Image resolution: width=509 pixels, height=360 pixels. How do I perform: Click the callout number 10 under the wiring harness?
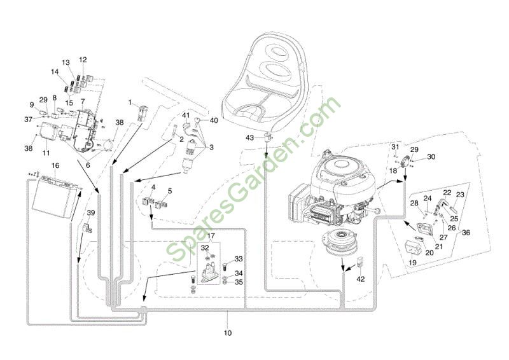coord(228,333)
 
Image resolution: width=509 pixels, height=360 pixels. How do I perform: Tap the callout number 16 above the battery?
coord(55,165)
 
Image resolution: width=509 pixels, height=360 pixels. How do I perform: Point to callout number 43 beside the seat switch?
coord(249,138)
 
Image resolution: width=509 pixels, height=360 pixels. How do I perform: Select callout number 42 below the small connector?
coord(361,279)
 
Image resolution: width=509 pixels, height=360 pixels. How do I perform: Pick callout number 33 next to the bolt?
coord(239,259)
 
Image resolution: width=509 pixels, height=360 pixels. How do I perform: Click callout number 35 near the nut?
coord(239,282)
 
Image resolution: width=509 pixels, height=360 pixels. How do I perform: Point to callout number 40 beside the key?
coord(214,120)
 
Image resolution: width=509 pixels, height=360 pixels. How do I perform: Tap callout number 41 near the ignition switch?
coord(186,115)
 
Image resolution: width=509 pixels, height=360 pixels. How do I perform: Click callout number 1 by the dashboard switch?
coord(130,102)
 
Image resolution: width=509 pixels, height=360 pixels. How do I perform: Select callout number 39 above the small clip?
coord(91,212)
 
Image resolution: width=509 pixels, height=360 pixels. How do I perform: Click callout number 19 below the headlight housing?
coord(412,262)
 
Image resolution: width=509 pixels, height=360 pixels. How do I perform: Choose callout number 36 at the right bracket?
coord(466,232)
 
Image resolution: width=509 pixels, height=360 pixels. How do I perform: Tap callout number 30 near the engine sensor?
coord(431,157)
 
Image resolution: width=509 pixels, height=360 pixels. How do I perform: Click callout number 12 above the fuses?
coord(83,59)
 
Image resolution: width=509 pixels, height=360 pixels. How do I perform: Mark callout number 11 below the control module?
coord(46,153)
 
